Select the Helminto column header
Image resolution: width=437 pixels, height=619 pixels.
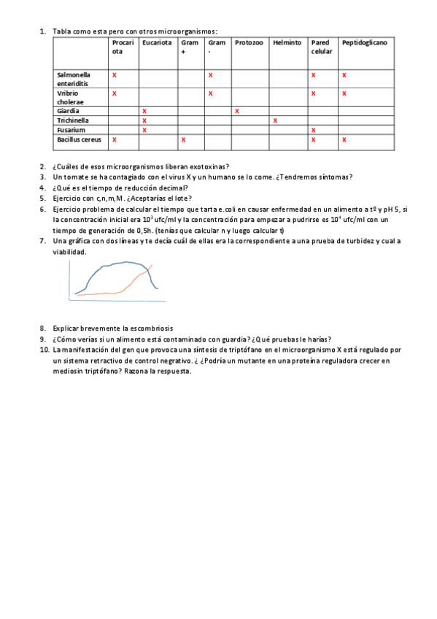(x=287, y=43)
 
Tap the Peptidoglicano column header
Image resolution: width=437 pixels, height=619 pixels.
(x=365, y=43)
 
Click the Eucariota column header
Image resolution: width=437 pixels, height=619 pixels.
(x=157, y=43)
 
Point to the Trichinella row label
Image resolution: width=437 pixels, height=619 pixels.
(x=73, y=120)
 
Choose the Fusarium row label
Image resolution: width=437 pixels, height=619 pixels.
(x=71, y=130)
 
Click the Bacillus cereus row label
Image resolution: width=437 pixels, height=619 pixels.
(x=79, y=139)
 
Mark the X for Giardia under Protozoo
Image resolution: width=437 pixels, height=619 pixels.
(x=237, y=111)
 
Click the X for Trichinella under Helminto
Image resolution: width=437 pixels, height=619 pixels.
(x=275, y=120)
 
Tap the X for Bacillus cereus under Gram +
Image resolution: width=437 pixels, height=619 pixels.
(x=183, y=139)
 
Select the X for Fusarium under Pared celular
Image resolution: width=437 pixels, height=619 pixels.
(x=313, y=130)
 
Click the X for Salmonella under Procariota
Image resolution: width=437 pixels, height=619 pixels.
(x=114, y=75)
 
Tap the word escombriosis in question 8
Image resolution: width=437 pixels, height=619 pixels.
(x=153, y=328)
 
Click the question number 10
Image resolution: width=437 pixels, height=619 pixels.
(x=44, y=350)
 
